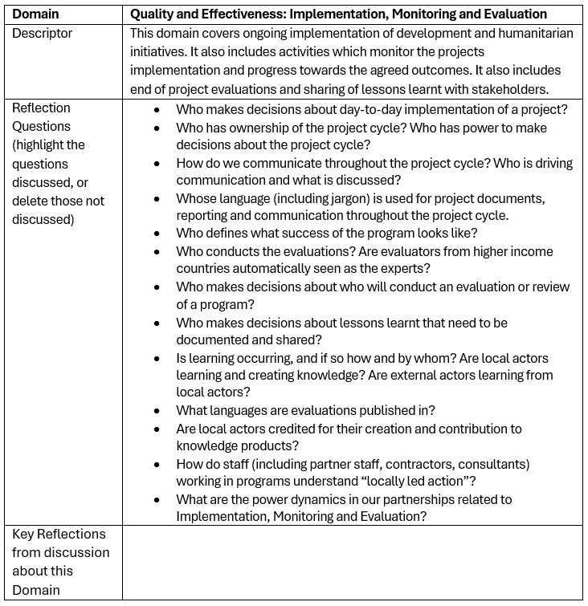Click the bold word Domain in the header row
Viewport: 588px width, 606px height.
[36, 14]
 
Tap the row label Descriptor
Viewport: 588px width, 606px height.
[42, 33]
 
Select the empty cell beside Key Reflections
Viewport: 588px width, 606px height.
[353, 562]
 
